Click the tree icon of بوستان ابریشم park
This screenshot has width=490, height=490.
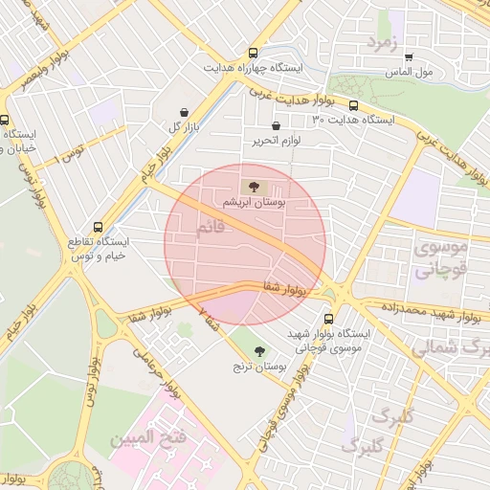coord(253,187)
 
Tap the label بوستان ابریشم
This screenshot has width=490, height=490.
coord(254,203)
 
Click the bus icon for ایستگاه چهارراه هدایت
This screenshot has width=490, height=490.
coord(253,54)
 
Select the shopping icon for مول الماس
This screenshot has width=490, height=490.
coord(409,56)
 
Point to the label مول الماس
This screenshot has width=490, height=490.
coord(410,72)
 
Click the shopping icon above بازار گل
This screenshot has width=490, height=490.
coord(184,111)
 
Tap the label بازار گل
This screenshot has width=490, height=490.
coord(182,126)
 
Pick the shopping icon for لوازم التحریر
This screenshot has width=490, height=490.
coord(276,125)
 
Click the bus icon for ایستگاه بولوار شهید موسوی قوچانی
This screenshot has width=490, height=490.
coord(329,319)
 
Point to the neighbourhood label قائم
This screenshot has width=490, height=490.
coord(210,230)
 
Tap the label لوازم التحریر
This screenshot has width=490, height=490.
coord(277,141)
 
